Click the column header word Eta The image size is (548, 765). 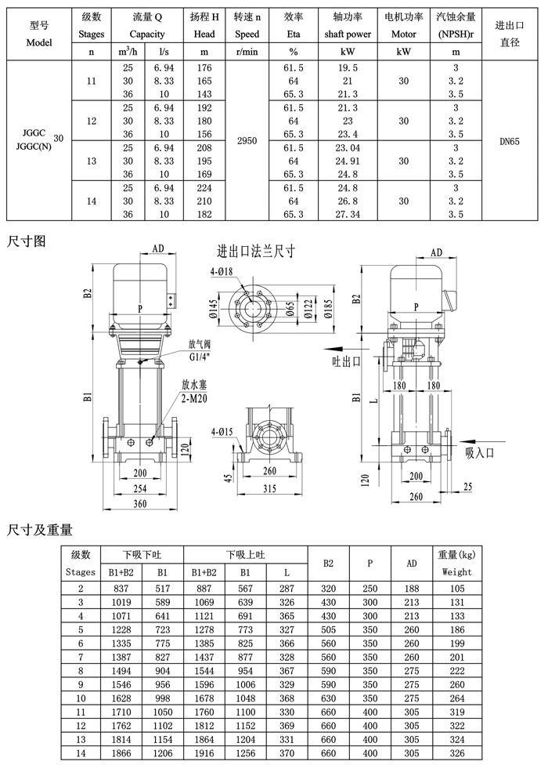(294, 34)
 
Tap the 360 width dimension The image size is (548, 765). (140, 503)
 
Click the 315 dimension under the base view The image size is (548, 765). (269, 489)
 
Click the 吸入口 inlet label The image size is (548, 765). (481, 452)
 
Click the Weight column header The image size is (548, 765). (456, 572)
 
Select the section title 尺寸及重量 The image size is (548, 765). (39, 531)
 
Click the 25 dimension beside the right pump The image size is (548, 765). (467, 486)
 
